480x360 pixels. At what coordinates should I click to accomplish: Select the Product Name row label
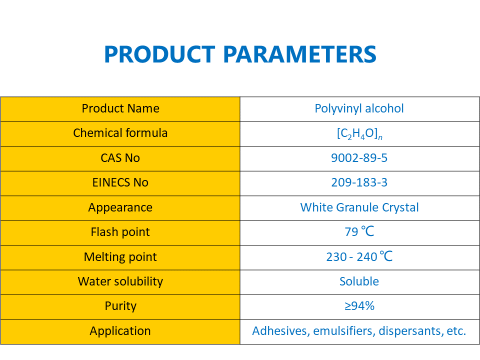point(120,108)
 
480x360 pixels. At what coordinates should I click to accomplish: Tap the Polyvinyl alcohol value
point(359,108)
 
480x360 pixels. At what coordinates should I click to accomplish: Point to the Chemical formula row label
point(120,133)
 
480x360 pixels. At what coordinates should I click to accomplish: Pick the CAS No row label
point(120,158)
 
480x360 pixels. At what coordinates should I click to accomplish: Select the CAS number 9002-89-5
point(359,158)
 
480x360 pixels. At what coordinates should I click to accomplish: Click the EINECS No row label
point(120,182)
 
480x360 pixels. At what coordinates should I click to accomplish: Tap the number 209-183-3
point(359,182)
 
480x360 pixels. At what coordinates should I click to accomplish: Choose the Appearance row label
point(120,207)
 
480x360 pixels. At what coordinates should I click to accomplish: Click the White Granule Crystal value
point(359,207)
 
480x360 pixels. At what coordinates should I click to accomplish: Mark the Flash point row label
point(120,232)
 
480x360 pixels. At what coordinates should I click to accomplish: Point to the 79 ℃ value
point(359,232)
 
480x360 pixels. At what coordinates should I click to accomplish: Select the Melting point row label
point(120,257)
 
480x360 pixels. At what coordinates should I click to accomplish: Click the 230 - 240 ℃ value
point(359,257)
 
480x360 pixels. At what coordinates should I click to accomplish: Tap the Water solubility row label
point(120,281)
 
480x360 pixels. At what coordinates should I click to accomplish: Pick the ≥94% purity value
point(359,306)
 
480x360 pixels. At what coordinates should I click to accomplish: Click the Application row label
point(120,331)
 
